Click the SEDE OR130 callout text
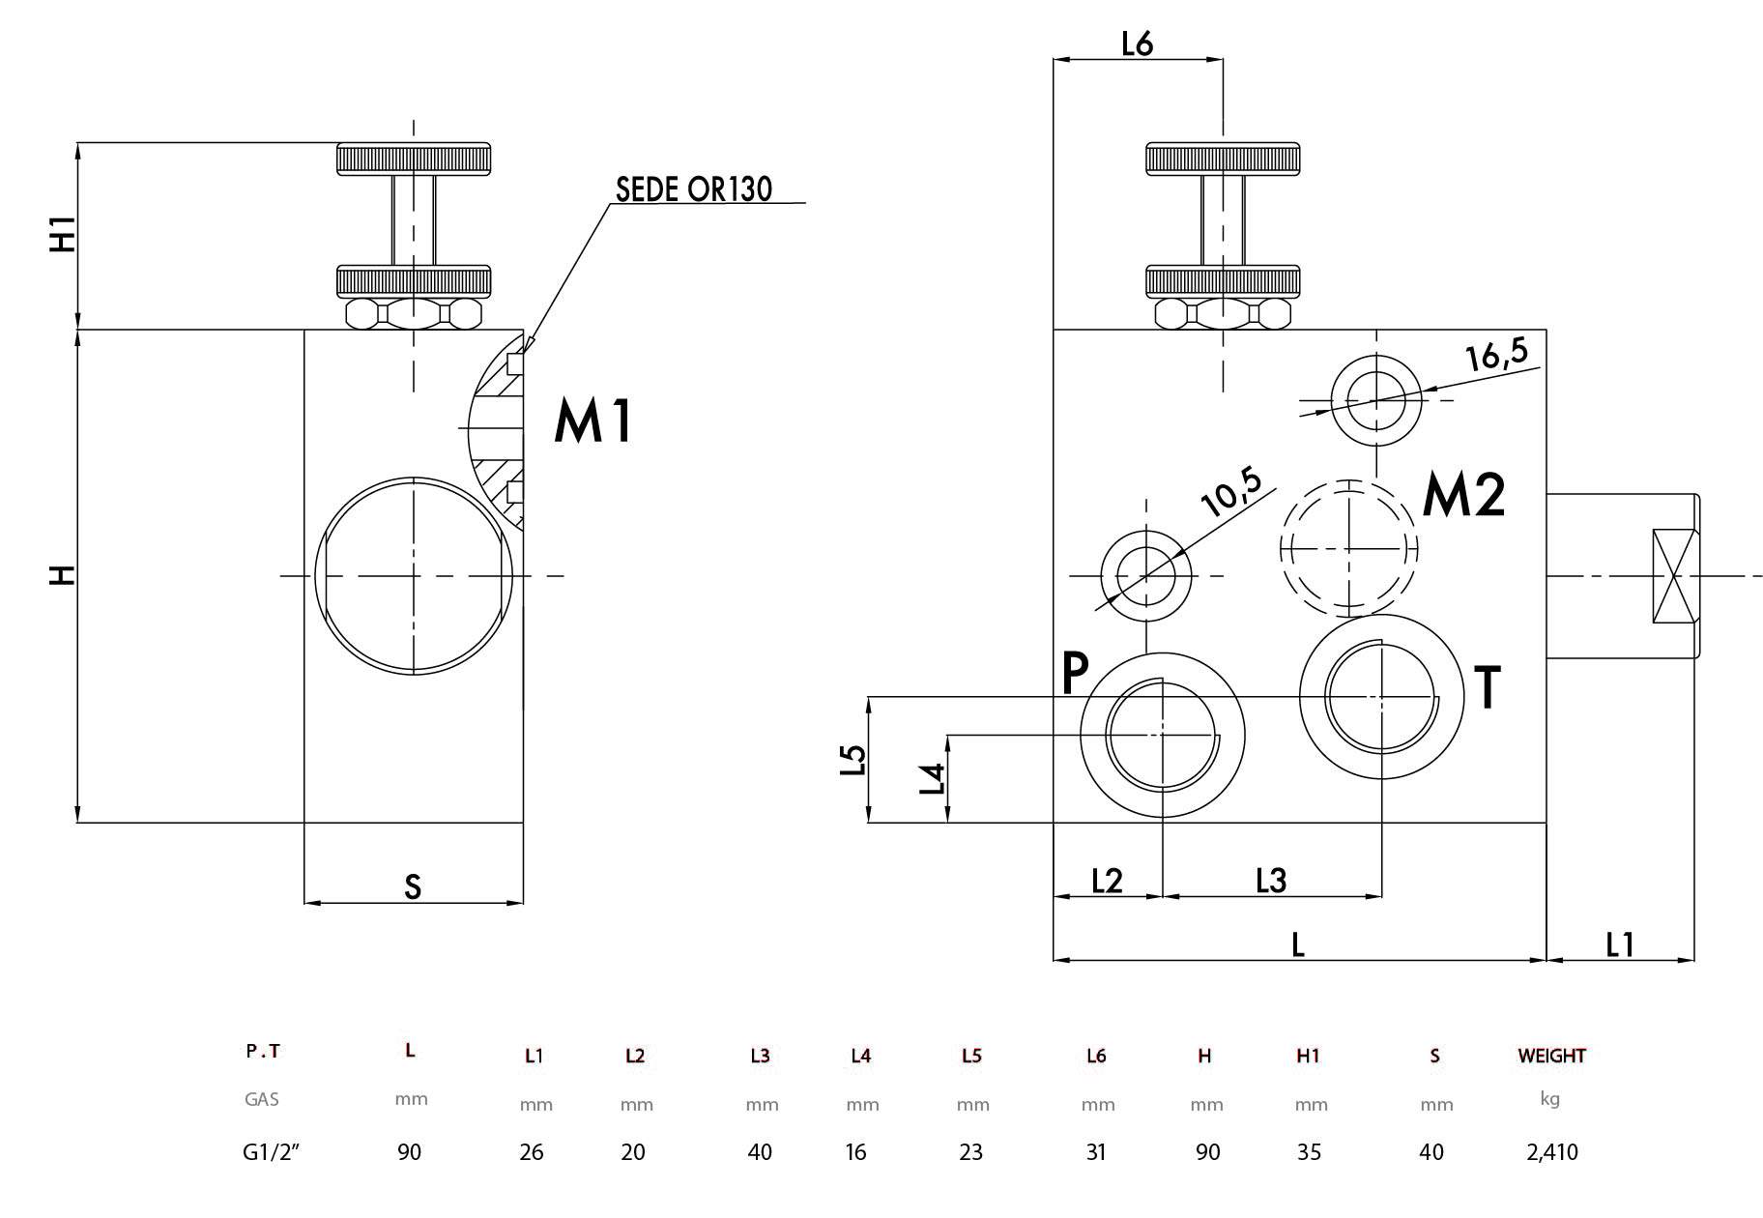694,188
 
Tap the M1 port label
593,421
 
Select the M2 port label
1463,496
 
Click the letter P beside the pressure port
1075,673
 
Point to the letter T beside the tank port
1488,687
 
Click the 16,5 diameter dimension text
1496,356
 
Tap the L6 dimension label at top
1137,43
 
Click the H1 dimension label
63,236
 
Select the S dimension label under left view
413,886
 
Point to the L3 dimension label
1271,881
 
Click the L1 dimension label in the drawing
1620,944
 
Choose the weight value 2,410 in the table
1551,1151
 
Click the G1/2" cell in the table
271,1151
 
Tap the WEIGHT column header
1551,1056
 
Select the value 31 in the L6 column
1096,1151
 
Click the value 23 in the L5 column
970,1151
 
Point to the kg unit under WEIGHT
1549,1099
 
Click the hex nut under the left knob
414,314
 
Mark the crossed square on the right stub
1674,576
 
